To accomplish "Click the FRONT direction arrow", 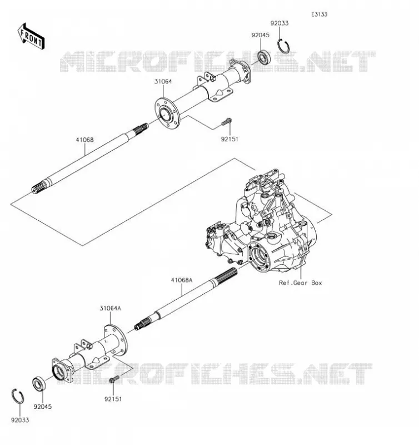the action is coord(31,36).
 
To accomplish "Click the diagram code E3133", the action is coord(319,14).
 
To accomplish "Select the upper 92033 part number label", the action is coord(279,23).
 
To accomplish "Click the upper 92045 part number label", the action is coord(260,35).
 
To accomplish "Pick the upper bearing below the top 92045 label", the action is coord(264,57).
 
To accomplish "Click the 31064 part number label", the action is coord(163,81).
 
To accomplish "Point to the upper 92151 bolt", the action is coord(226,122).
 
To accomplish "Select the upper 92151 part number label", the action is coord(230,139).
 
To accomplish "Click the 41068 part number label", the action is coord(84,140).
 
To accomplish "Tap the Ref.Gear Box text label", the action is coord(301,283).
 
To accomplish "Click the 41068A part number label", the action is coord(181,280).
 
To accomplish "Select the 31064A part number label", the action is coord(110,308).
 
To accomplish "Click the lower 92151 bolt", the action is coord(114,379).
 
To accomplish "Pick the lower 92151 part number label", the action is coord(113,399).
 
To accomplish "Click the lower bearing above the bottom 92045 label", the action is coord(38,383).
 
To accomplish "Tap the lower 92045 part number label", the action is coord(43,407).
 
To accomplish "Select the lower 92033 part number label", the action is coord(20,420).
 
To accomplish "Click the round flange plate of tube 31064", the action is coord(167,112).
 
